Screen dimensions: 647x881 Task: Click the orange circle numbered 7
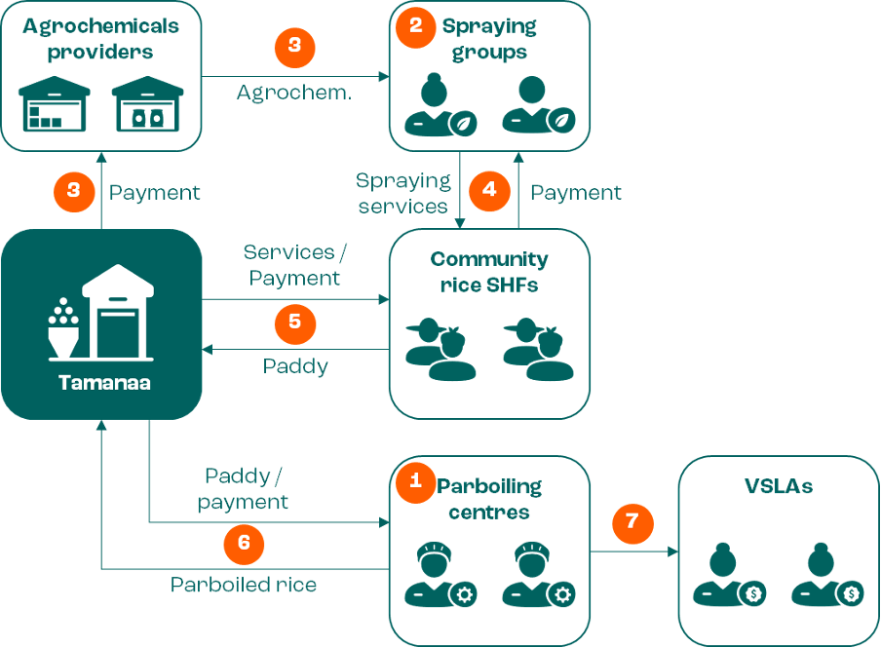coord(632,522)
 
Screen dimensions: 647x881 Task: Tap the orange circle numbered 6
coord(244,545)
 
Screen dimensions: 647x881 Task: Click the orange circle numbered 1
coord(416,480)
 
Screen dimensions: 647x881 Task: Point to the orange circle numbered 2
coord(416,26)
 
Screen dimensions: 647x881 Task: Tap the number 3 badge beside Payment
coord(74,191)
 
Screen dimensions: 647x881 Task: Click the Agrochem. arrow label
coord(294,95)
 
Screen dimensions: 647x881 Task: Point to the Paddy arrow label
coord(295,365)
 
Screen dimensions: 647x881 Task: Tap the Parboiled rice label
coord(244,586)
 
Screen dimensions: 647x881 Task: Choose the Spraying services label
coord(403,193)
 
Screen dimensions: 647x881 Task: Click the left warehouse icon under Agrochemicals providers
coord(54,104)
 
